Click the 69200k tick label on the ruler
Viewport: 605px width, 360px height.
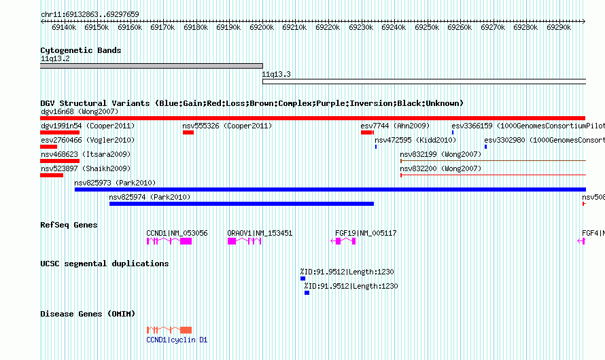tap(262, 27)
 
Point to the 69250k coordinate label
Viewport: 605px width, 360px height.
tap(427, 27)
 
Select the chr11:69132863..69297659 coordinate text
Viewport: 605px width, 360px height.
tap(90, 15)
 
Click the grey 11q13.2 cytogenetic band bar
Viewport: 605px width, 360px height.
tap(152, 66)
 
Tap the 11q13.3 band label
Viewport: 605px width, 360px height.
tap(276, 75)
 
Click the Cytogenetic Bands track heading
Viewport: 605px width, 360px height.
tap(81, 50)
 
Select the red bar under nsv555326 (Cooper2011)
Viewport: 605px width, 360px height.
tap(188, 132)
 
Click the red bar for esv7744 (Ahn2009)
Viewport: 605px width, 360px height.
tap(367, 132)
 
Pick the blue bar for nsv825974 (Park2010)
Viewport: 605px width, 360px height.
tap(241, 204)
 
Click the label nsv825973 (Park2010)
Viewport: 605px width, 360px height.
tap(115, 183)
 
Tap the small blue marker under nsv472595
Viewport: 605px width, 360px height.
tap(376, 147)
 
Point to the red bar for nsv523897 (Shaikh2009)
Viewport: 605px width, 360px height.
tap(52, 175)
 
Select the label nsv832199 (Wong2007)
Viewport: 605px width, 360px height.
tap(440, 155)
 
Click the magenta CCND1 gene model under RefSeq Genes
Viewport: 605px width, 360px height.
tap(169, 241)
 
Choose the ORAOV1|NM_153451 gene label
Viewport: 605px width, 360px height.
tap(260, 233)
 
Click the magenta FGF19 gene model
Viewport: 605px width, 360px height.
tap(343, 241)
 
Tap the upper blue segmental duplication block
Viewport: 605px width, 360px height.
tap(303, 278)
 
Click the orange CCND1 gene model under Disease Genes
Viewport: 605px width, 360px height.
tap(169, 330)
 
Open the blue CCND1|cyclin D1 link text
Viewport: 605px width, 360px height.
tap(177, 340)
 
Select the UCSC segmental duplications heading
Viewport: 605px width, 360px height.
tap(105, 264)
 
